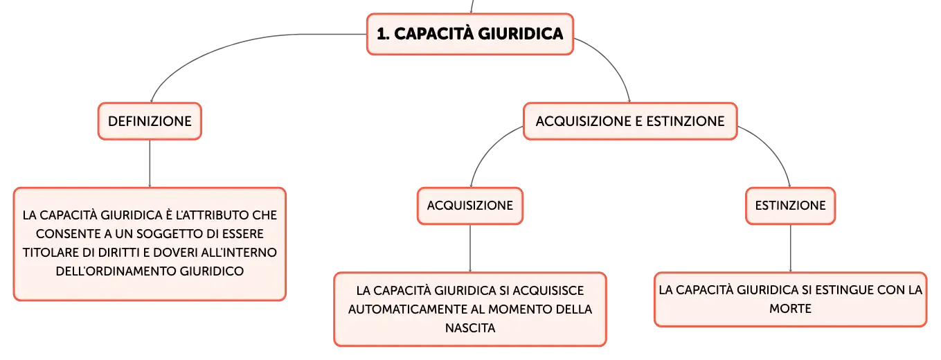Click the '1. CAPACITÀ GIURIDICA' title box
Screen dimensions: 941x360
pos(470,34)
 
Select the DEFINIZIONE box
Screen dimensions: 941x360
pos(150,121)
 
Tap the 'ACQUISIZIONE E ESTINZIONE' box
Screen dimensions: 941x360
pos(630,121)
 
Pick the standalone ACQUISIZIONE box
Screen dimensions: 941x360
pos(470,206)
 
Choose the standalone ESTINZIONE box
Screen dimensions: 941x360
pos(790,206)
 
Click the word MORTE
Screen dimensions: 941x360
pos(790,309)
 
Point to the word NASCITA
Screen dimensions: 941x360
pos(470,328)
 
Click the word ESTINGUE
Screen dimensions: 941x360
pos(845,290)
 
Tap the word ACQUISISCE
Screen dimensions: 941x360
pos(548,291)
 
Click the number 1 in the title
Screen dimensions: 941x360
pos(382,34)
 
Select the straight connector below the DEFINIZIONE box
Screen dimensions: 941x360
pos(150,163)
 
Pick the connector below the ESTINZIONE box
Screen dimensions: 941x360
pos(790,249)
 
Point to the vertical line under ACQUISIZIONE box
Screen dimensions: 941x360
pos(470,249)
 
